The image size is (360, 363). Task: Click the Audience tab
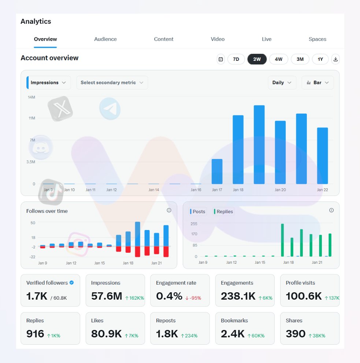(x=105, y=39)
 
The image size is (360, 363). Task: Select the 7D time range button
(x=236, y=59)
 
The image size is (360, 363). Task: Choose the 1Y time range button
(x=320, y=59)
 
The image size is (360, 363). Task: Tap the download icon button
(x=335, y=59)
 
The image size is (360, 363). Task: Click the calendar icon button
(x=220, y=59)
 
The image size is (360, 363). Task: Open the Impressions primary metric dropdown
(x=48, y=83)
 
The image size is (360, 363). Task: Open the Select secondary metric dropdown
(x=112, y=83)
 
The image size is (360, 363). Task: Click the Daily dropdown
(x=282, y=83)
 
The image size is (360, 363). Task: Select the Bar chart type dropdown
(x=318, y=83)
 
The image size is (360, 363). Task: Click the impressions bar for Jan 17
(x=217, y=171)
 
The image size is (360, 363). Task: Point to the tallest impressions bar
(x=259, y=145)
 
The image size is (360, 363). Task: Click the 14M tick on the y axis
(x=31, y=97)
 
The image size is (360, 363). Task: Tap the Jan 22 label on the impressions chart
(x=322, y=190)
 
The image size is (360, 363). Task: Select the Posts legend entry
(x=198, y=212)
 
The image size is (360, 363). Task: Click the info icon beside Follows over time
(x=169, y=210)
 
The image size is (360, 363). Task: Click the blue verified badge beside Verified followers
(x=72, y=283)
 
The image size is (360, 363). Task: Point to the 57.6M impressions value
(x=107, y=296)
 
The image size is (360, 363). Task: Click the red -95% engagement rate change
(x=193, y=298)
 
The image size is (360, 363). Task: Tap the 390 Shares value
(x=296, y=334)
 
